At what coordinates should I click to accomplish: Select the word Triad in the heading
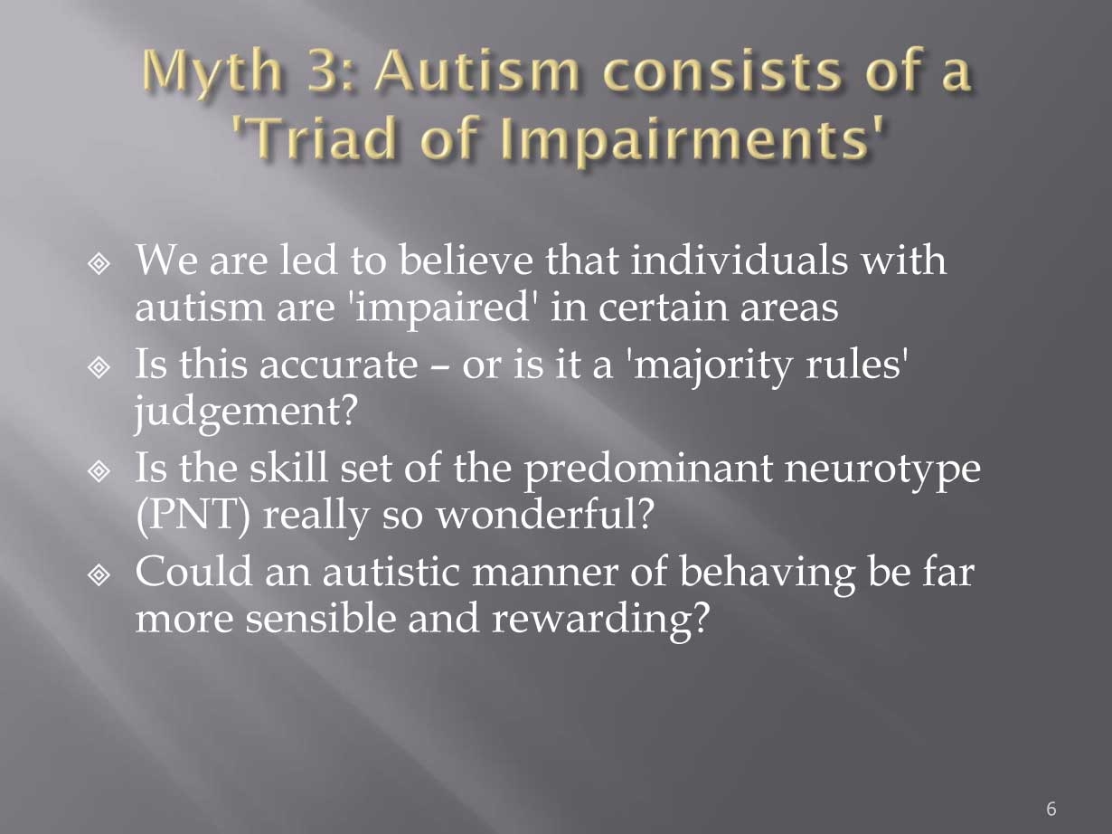click(x=321, y=137)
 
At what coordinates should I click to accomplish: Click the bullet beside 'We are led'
click(x=99, y=263)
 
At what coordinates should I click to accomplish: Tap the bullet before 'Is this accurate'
click(x=99, y=367)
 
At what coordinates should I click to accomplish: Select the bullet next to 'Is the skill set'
click(x=99, y=470)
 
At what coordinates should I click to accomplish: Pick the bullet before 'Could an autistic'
click(x=99, y=574)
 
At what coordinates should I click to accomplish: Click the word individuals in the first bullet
click(x=739, y=260)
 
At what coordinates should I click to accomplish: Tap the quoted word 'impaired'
click(x=443, y=309)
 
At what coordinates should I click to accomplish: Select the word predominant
click(x=648, y=469)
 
